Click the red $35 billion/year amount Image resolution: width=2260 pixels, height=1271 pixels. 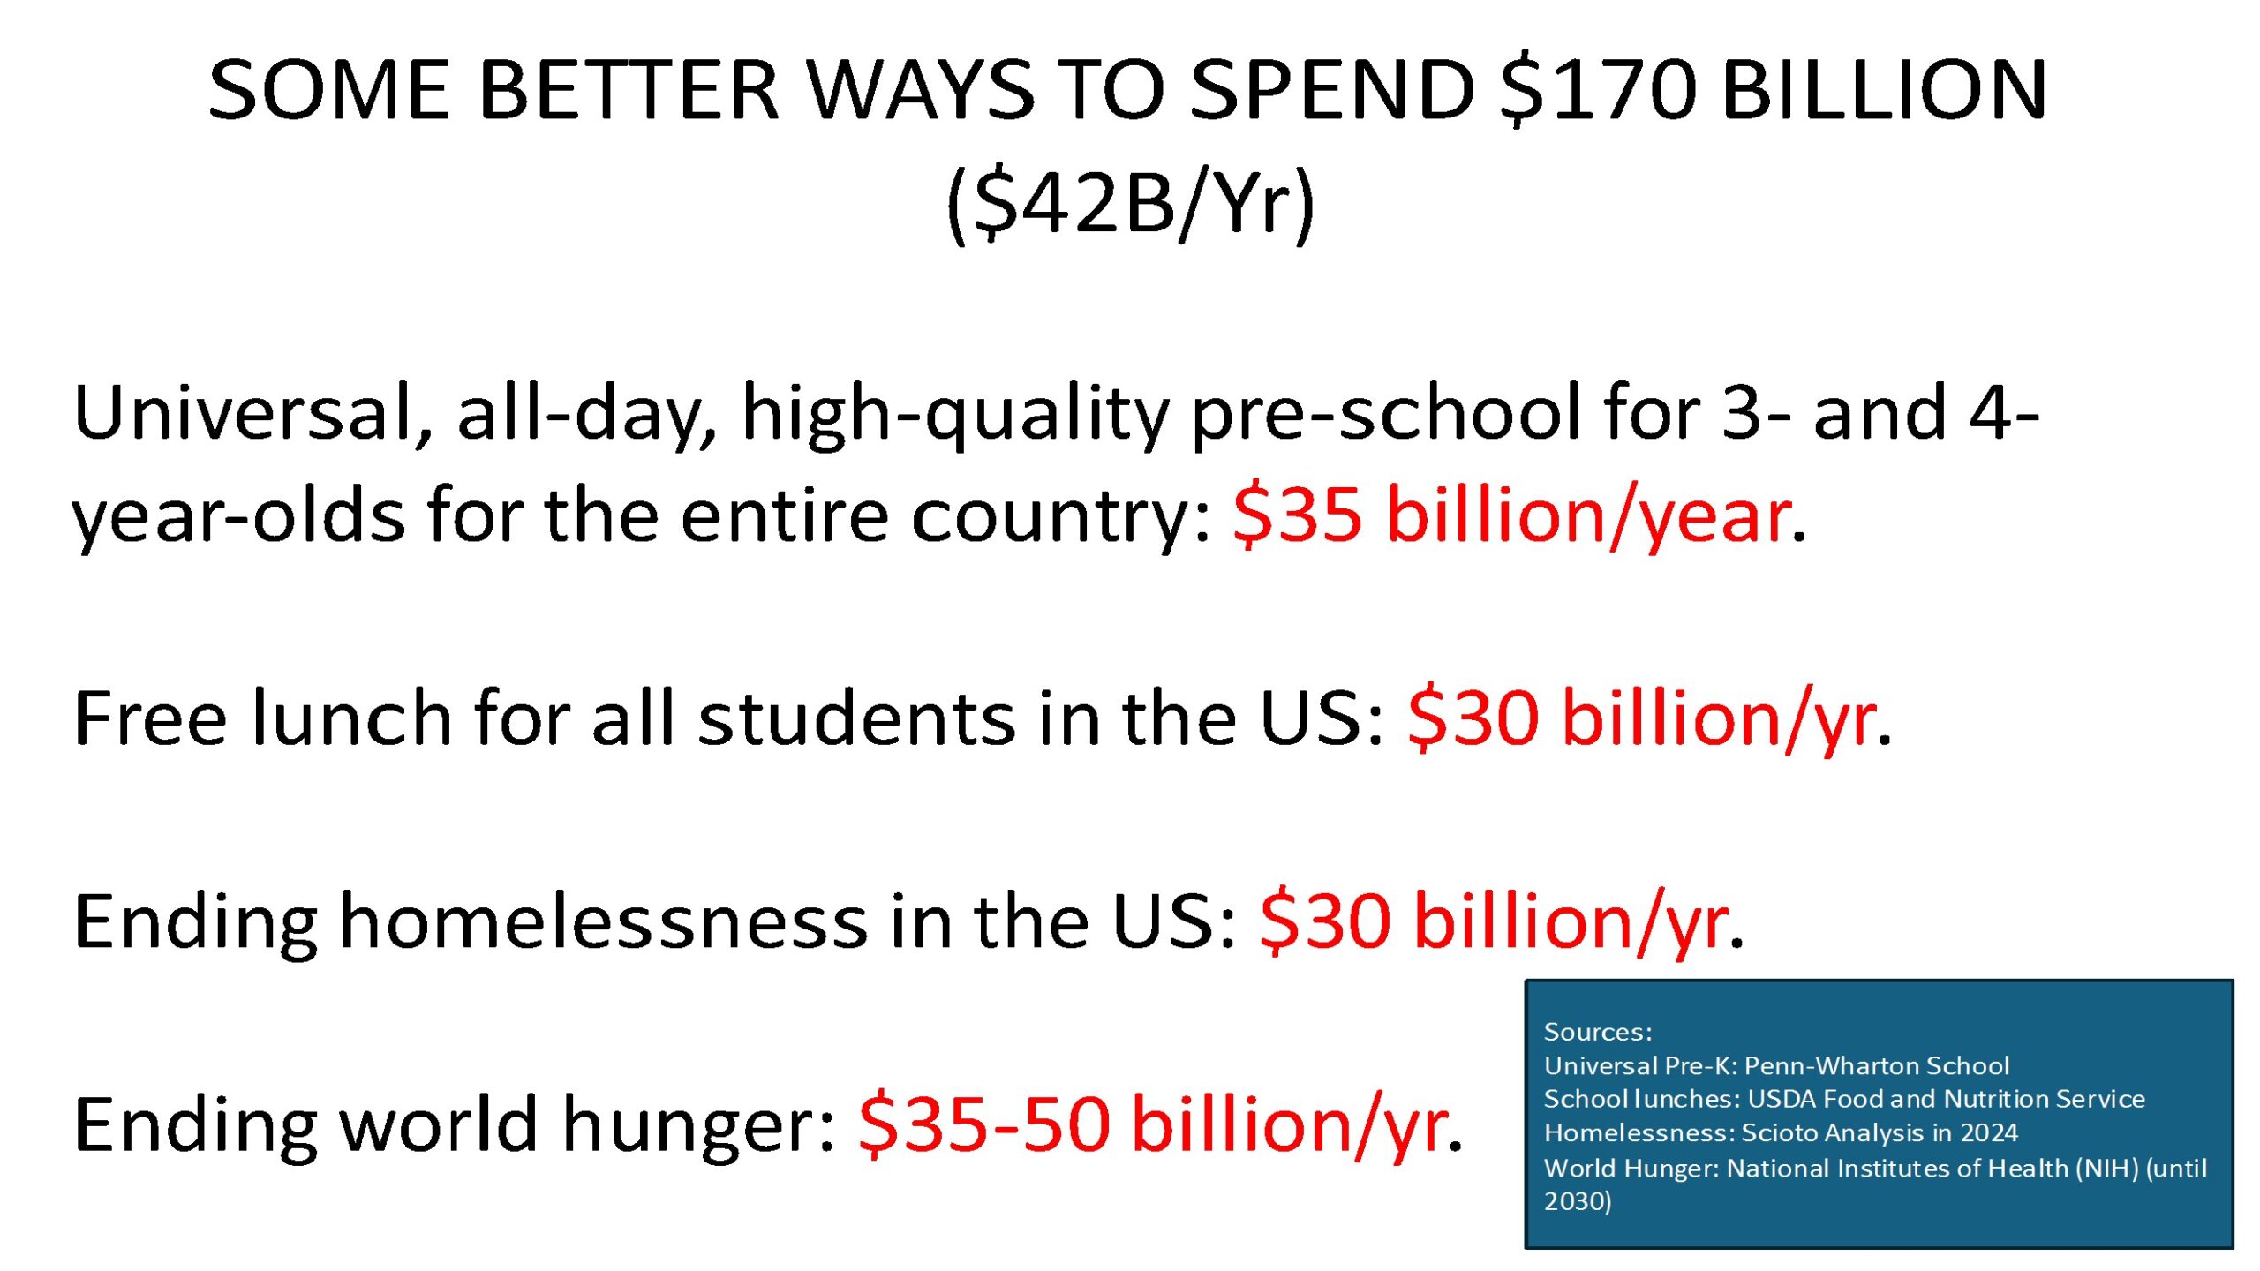[1512, 515]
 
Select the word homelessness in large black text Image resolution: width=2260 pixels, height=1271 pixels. [604, 921]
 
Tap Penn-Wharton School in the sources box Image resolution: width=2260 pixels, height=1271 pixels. [1877, 1065]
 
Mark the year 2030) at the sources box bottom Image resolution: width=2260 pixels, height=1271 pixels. [1578, 1201]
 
